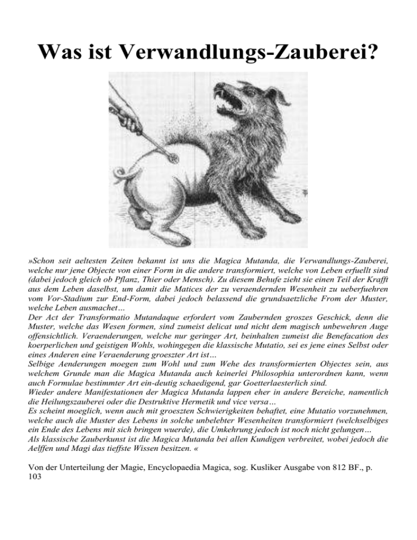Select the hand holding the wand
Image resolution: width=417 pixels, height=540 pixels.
(x=122, y=111)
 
